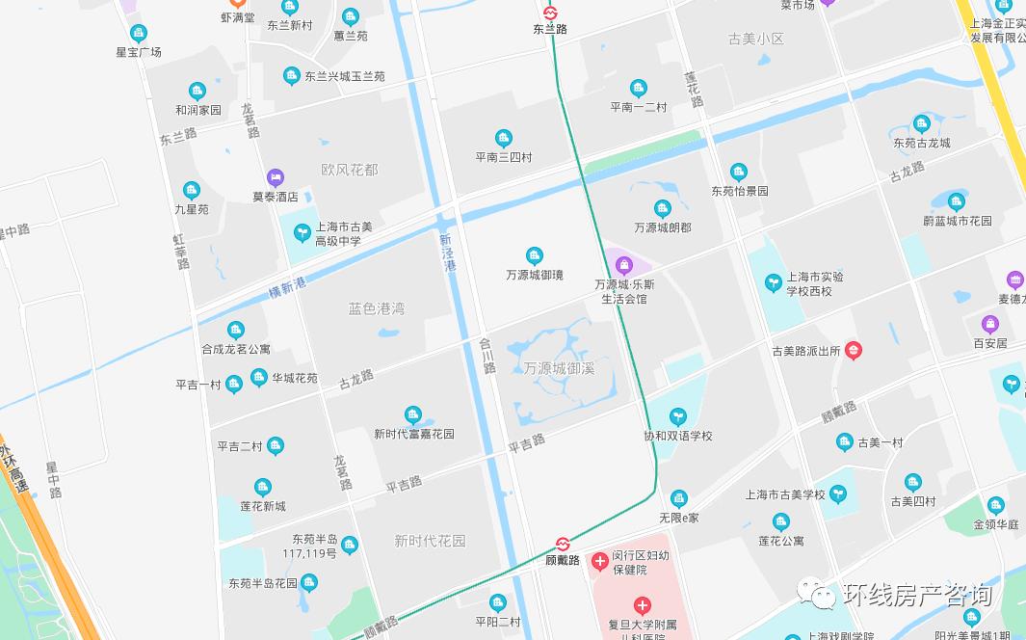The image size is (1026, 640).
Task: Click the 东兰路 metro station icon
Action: coord(550,13)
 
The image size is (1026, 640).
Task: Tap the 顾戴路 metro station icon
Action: coord(564,545)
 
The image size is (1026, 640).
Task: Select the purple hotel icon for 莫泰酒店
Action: coord(276,177)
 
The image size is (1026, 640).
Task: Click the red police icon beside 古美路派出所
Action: coord(853,351)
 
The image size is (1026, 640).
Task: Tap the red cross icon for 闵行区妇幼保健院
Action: coord(600,560)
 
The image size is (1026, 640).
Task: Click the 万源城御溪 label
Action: coord(559,368)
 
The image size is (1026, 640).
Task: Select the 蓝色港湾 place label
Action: coord(377,308)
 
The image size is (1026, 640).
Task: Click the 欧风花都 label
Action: coord(350,170)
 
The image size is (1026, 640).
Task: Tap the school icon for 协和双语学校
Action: coord(678,416)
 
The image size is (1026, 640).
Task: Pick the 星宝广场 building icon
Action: coord(139,34)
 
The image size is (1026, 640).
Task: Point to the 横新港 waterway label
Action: coord(287,286)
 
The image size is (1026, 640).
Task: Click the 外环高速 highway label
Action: coord(13,468)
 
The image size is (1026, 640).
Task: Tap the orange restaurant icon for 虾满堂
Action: coord(227,4)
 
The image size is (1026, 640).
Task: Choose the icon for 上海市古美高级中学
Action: coord(303,232)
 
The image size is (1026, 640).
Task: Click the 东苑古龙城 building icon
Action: coord(921,123)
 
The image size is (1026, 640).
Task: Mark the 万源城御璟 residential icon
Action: coord(534,255)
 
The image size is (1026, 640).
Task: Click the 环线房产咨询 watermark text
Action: coord(916,595)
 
